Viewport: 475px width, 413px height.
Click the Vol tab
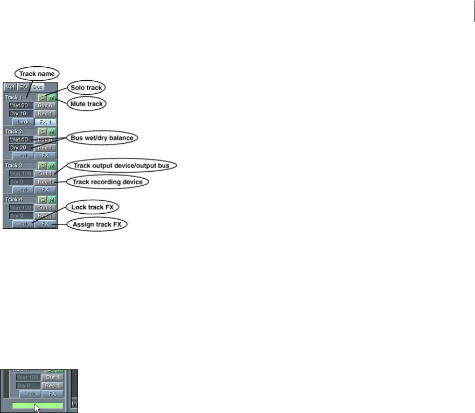10,87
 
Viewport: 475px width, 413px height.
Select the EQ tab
23,87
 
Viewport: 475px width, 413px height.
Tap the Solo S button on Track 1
42,97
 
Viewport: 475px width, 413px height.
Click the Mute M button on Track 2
52,131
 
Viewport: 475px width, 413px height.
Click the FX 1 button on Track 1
45,122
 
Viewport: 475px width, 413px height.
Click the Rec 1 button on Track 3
45,181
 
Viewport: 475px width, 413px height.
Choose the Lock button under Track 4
22,223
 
